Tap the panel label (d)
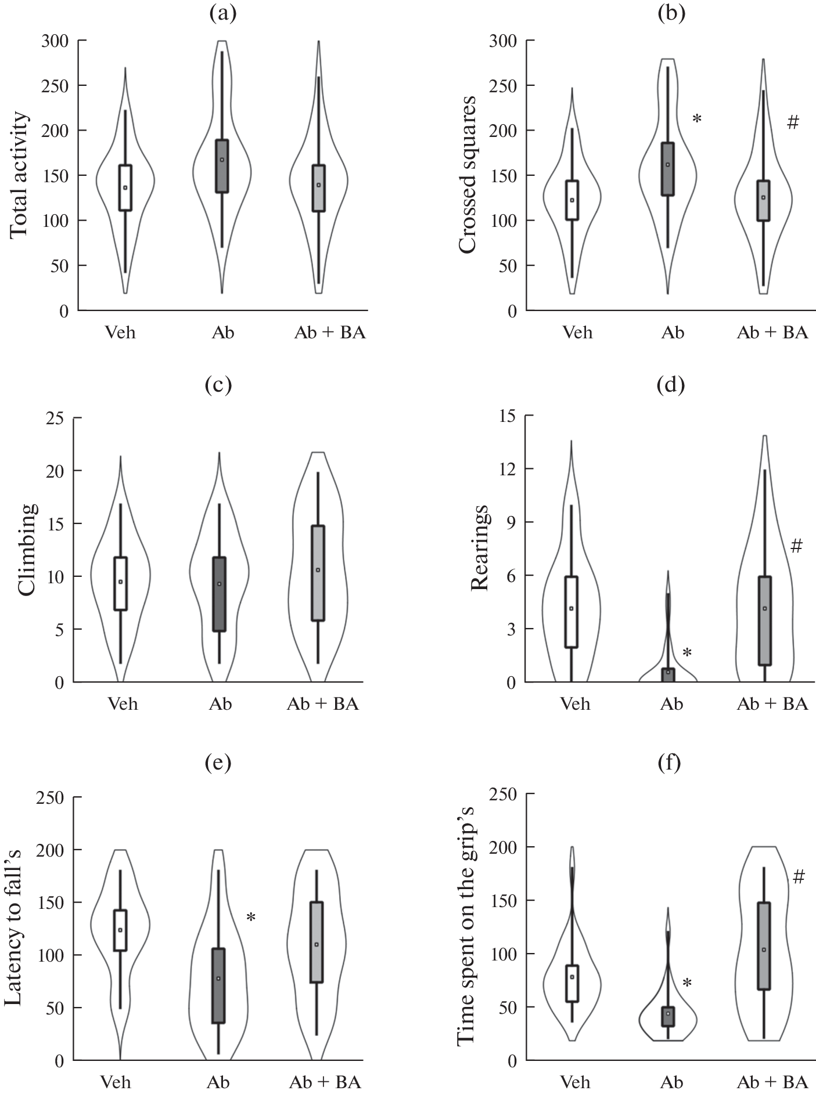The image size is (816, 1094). pos(671,385)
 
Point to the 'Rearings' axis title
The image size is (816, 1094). pos(480,548)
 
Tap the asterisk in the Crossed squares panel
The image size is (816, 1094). pos(697,120)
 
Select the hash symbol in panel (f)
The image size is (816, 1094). pos(799,877)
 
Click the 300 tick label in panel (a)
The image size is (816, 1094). pos(55,41)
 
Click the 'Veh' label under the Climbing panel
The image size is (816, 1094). pos(123,704)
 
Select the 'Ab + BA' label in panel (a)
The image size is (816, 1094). pos(330,333)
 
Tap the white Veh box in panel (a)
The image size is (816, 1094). pos(125,187)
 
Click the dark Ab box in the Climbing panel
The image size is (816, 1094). pos(219,594)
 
